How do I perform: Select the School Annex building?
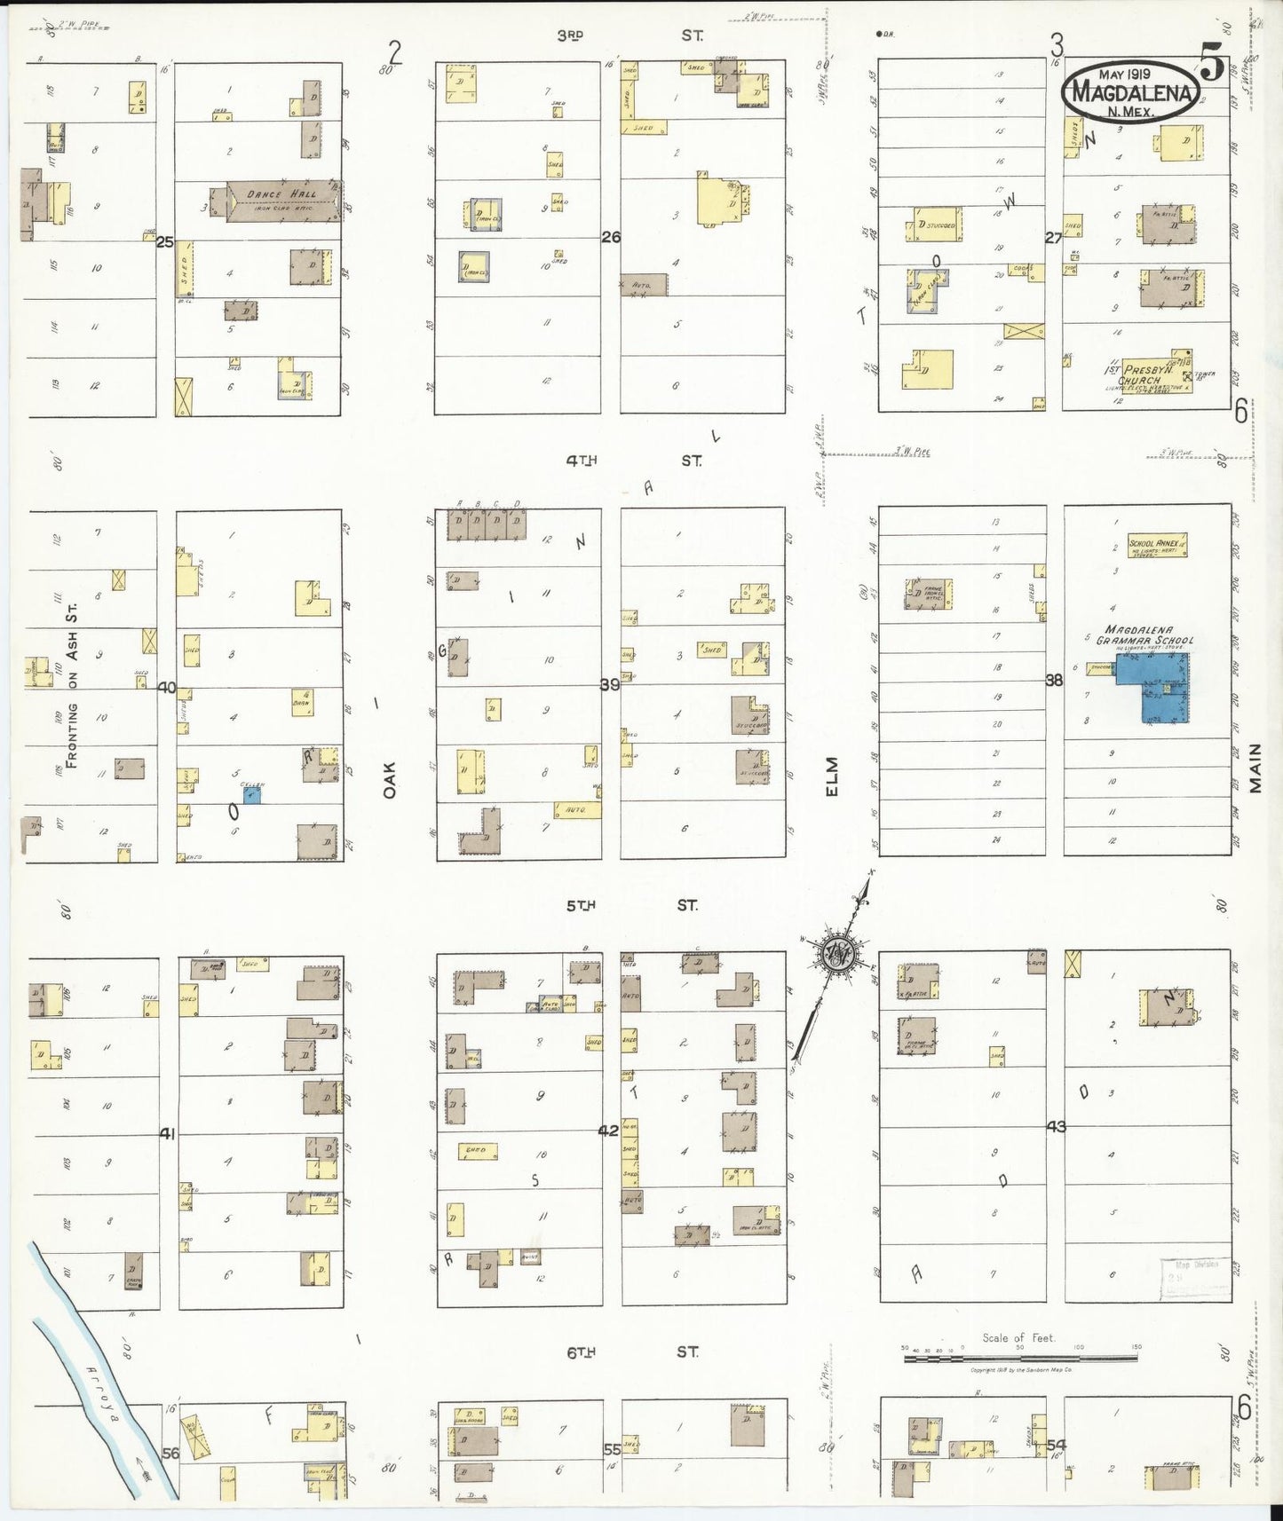point(1158,545)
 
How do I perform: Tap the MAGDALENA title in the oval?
point(1135,92)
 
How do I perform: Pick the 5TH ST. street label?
point(630,905)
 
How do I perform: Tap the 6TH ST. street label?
point(631,1352)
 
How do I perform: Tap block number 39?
point(609,684)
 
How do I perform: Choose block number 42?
point(608,1131)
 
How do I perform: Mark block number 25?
point(164,240)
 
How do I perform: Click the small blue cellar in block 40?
point(252,795)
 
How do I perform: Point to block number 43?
point(1056,1127)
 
